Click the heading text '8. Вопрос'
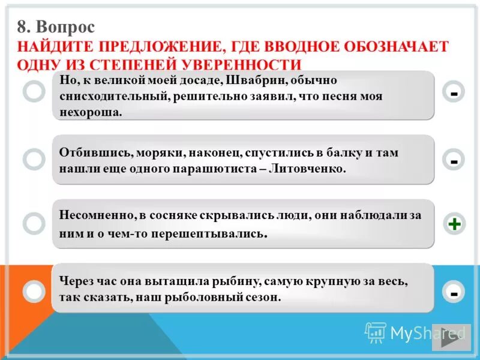[56, 27]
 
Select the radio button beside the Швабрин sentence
[34, 92]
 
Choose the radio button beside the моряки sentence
[34, 159]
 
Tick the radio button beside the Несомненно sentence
[34, 223]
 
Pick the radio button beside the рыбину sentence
[34, 291]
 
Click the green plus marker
[454, 224]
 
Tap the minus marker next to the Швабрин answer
[454, 93]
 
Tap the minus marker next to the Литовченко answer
[454, 160]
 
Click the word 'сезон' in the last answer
[262, 297]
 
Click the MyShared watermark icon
[375, 332]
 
